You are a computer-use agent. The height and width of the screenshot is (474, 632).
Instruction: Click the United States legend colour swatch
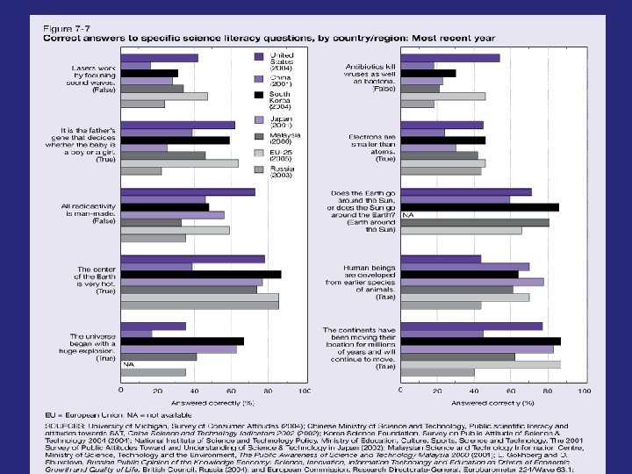[260, 57]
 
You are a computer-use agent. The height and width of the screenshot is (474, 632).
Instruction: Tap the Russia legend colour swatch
[260, 169]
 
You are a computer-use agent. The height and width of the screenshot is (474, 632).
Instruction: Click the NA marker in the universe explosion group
[128, 363]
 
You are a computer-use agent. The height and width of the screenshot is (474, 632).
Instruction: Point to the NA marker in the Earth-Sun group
[407, 215]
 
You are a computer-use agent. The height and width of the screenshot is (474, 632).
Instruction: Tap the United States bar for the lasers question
[159, 58]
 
